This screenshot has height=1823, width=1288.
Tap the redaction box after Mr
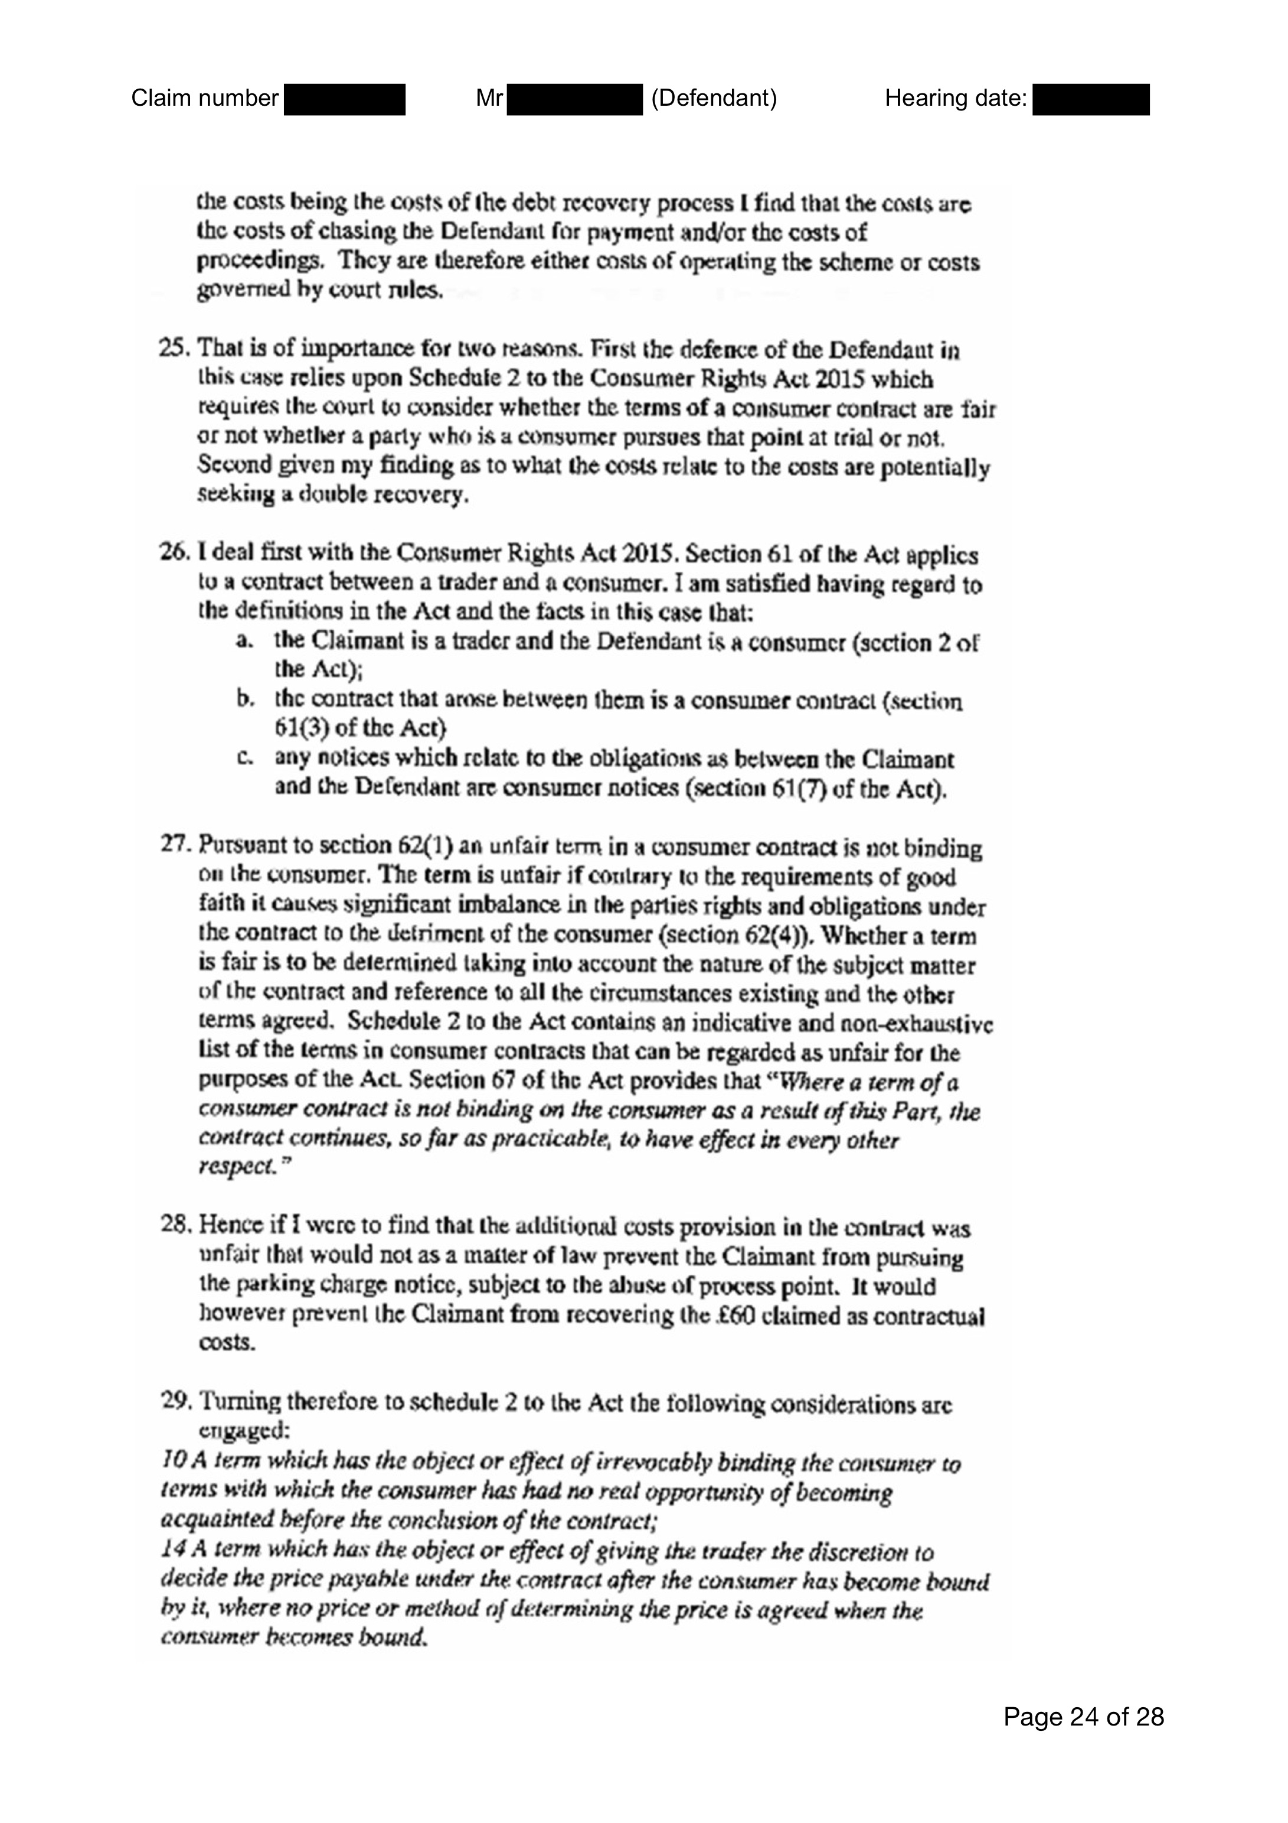click(x=574, y=100)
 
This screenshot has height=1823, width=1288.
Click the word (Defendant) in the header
click(x=714, y=99)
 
